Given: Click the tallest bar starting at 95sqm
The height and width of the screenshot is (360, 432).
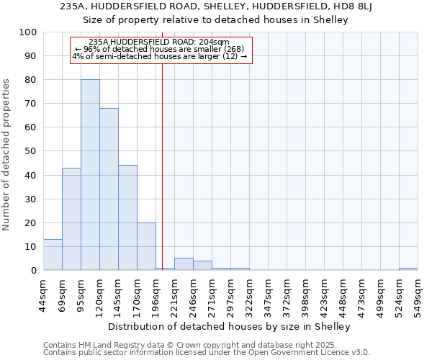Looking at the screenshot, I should [x=90, y=175].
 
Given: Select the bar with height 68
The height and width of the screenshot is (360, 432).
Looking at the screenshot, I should [x=109, y=189].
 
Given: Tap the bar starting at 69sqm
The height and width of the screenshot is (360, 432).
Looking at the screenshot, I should [x=71, y=219].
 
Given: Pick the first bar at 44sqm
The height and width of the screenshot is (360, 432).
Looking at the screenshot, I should [x=53, y=255].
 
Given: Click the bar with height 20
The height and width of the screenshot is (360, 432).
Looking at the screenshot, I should [x=146, y=246].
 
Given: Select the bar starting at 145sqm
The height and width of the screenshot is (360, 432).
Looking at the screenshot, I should [x=127, y=217].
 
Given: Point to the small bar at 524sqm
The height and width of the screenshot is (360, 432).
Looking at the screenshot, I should [x=408, y=269].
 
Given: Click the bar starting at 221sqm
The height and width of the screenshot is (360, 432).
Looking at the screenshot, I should [x=184, y=264].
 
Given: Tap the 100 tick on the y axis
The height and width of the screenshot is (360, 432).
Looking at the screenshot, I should [x=28, y=32].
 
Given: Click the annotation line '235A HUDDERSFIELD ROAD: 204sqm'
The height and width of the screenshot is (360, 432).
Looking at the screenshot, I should [x=159, y=42].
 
